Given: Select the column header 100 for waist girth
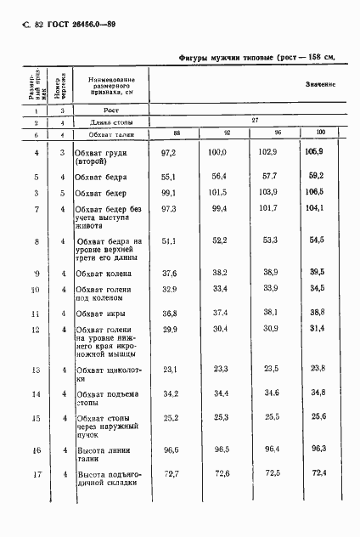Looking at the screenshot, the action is [x=320, y=133].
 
